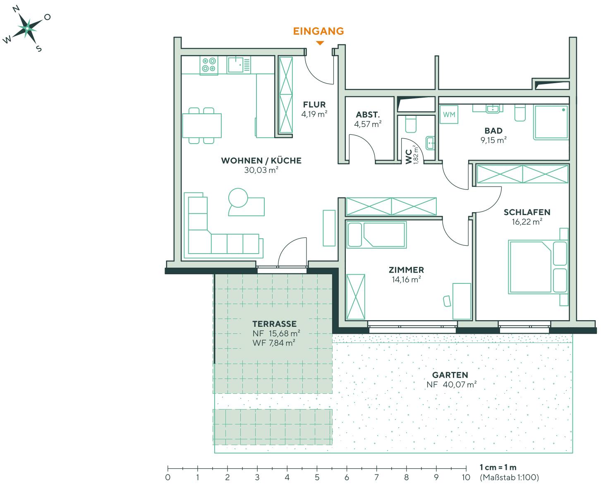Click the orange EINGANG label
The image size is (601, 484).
point(318,31)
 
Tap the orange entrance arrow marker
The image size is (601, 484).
point(319,43)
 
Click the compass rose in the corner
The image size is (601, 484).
point(27,29)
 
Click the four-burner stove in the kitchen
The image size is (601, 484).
point(209,65)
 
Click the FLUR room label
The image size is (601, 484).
point(314,105)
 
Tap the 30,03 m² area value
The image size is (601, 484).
point(261,170)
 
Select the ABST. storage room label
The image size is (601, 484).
point(368,115)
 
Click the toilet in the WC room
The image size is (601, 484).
point(411,123)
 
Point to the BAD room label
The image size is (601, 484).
point(493,131)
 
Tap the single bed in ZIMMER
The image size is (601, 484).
point(376,235)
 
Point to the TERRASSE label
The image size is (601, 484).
point(275,324)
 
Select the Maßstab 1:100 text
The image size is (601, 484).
point(510,477)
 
